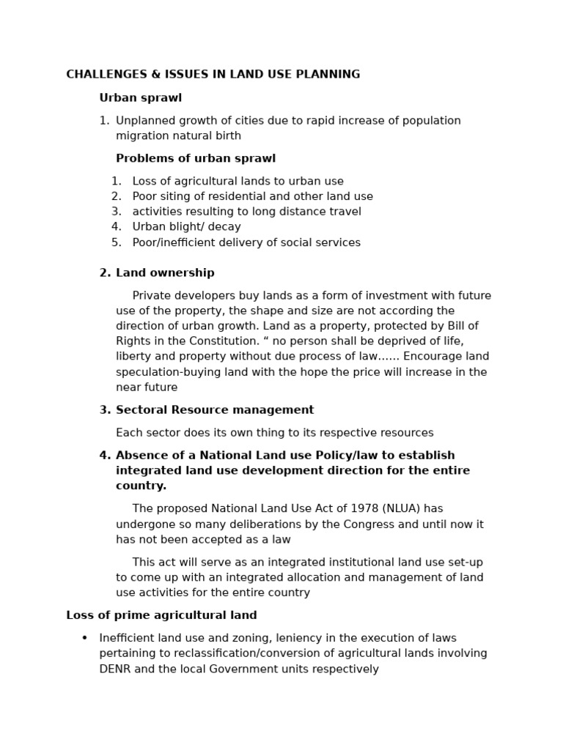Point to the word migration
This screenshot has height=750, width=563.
pos(142,135)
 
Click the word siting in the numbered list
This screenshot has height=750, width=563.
pos(174,196)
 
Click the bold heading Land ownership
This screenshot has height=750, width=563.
pos(165,273)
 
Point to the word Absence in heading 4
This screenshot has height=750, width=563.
pos(140,456)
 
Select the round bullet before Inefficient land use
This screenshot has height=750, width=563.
pos(84,638)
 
